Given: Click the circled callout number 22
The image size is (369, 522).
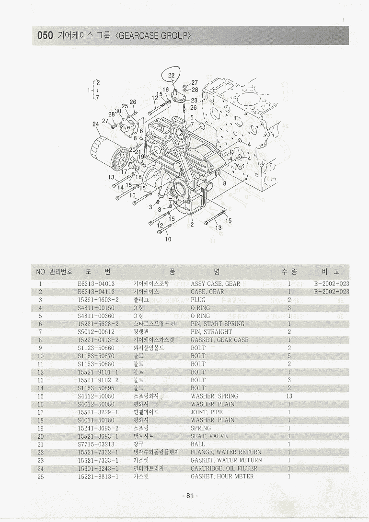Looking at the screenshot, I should [x=172, y=76].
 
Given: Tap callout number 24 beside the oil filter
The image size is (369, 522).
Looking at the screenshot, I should [x=95, y=125].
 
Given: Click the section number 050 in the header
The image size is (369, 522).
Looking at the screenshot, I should [x=45, y=35].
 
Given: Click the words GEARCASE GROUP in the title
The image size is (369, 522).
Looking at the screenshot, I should [x=153, y=35].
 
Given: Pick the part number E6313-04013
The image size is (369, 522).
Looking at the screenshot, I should [x=96, y=284].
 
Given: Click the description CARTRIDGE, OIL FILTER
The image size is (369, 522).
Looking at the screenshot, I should [x=224, y=468].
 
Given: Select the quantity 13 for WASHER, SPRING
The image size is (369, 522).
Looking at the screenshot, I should [x=289, y=396].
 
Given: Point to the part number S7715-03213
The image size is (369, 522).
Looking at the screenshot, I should [x=96, y=444].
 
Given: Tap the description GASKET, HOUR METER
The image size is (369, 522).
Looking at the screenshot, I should [x=222, y=477].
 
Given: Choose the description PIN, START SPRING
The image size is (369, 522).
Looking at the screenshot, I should [x=217, y=324].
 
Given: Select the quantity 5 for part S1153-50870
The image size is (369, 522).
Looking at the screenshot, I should [x=289, y=356].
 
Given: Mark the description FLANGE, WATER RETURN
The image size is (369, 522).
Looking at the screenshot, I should [x=226, y=452].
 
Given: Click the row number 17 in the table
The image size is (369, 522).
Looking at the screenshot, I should [x=41, y=412].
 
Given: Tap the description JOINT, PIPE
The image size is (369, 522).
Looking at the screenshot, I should [x=207, y=412].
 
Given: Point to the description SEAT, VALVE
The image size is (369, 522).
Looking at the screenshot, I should [x=209, y=436].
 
